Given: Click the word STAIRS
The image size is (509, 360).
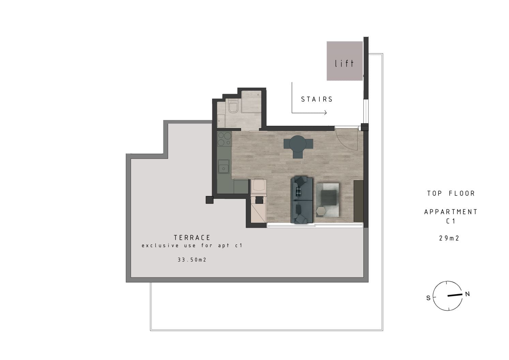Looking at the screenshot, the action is coord(317,99).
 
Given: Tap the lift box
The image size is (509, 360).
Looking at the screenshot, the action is coord(344,61).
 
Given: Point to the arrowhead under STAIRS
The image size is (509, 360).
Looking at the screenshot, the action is coord(325,112).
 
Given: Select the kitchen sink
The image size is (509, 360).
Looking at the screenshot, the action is coord(224,166).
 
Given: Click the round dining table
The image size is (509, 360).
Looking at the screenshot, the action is coord(298,144).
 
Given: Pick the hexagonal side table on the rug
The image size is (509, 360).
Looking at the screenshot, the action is coord(321,211).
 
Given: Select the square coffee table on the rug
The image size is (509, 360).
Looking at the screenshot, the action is coord(329,197).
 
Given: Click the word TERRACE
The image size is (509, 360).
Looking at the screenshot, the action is coord(192,238).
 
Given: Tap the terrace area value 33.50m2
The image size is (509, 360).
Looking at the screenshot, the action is coord(192,259).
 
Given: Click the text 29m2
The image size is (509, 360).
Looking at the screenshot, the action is coord(449,238).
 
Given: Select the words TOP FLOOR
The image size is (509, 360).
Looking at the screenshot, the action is coord(451,193).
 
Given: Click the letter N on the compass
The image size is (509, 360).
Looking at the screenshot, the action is coord(467,294).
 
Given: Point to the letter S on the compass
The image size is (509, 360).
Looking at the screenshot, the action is coord(428,298).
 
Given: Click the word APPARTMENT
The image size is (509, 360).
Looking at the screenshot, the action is coord(451,212).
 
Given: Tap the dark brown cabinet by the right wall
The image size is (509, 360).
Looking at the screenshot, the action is coord(358,201).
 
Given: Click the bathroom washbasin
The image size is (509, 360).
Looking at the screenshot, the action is coord(221,121).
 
